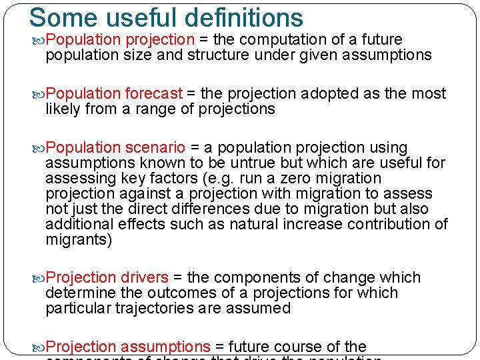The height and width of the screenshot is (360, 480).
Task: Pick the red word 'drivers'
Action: [x=145, y=277]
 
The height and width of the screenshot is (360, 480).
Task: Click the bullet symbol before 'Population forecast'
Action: [x=39, y=94]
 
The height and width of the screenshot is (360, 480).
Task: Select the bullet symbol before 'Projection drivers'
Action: [x=39, y=278]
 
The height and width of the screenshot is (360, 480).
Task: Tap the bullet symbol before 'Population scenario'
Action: [x=39, y=148]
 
